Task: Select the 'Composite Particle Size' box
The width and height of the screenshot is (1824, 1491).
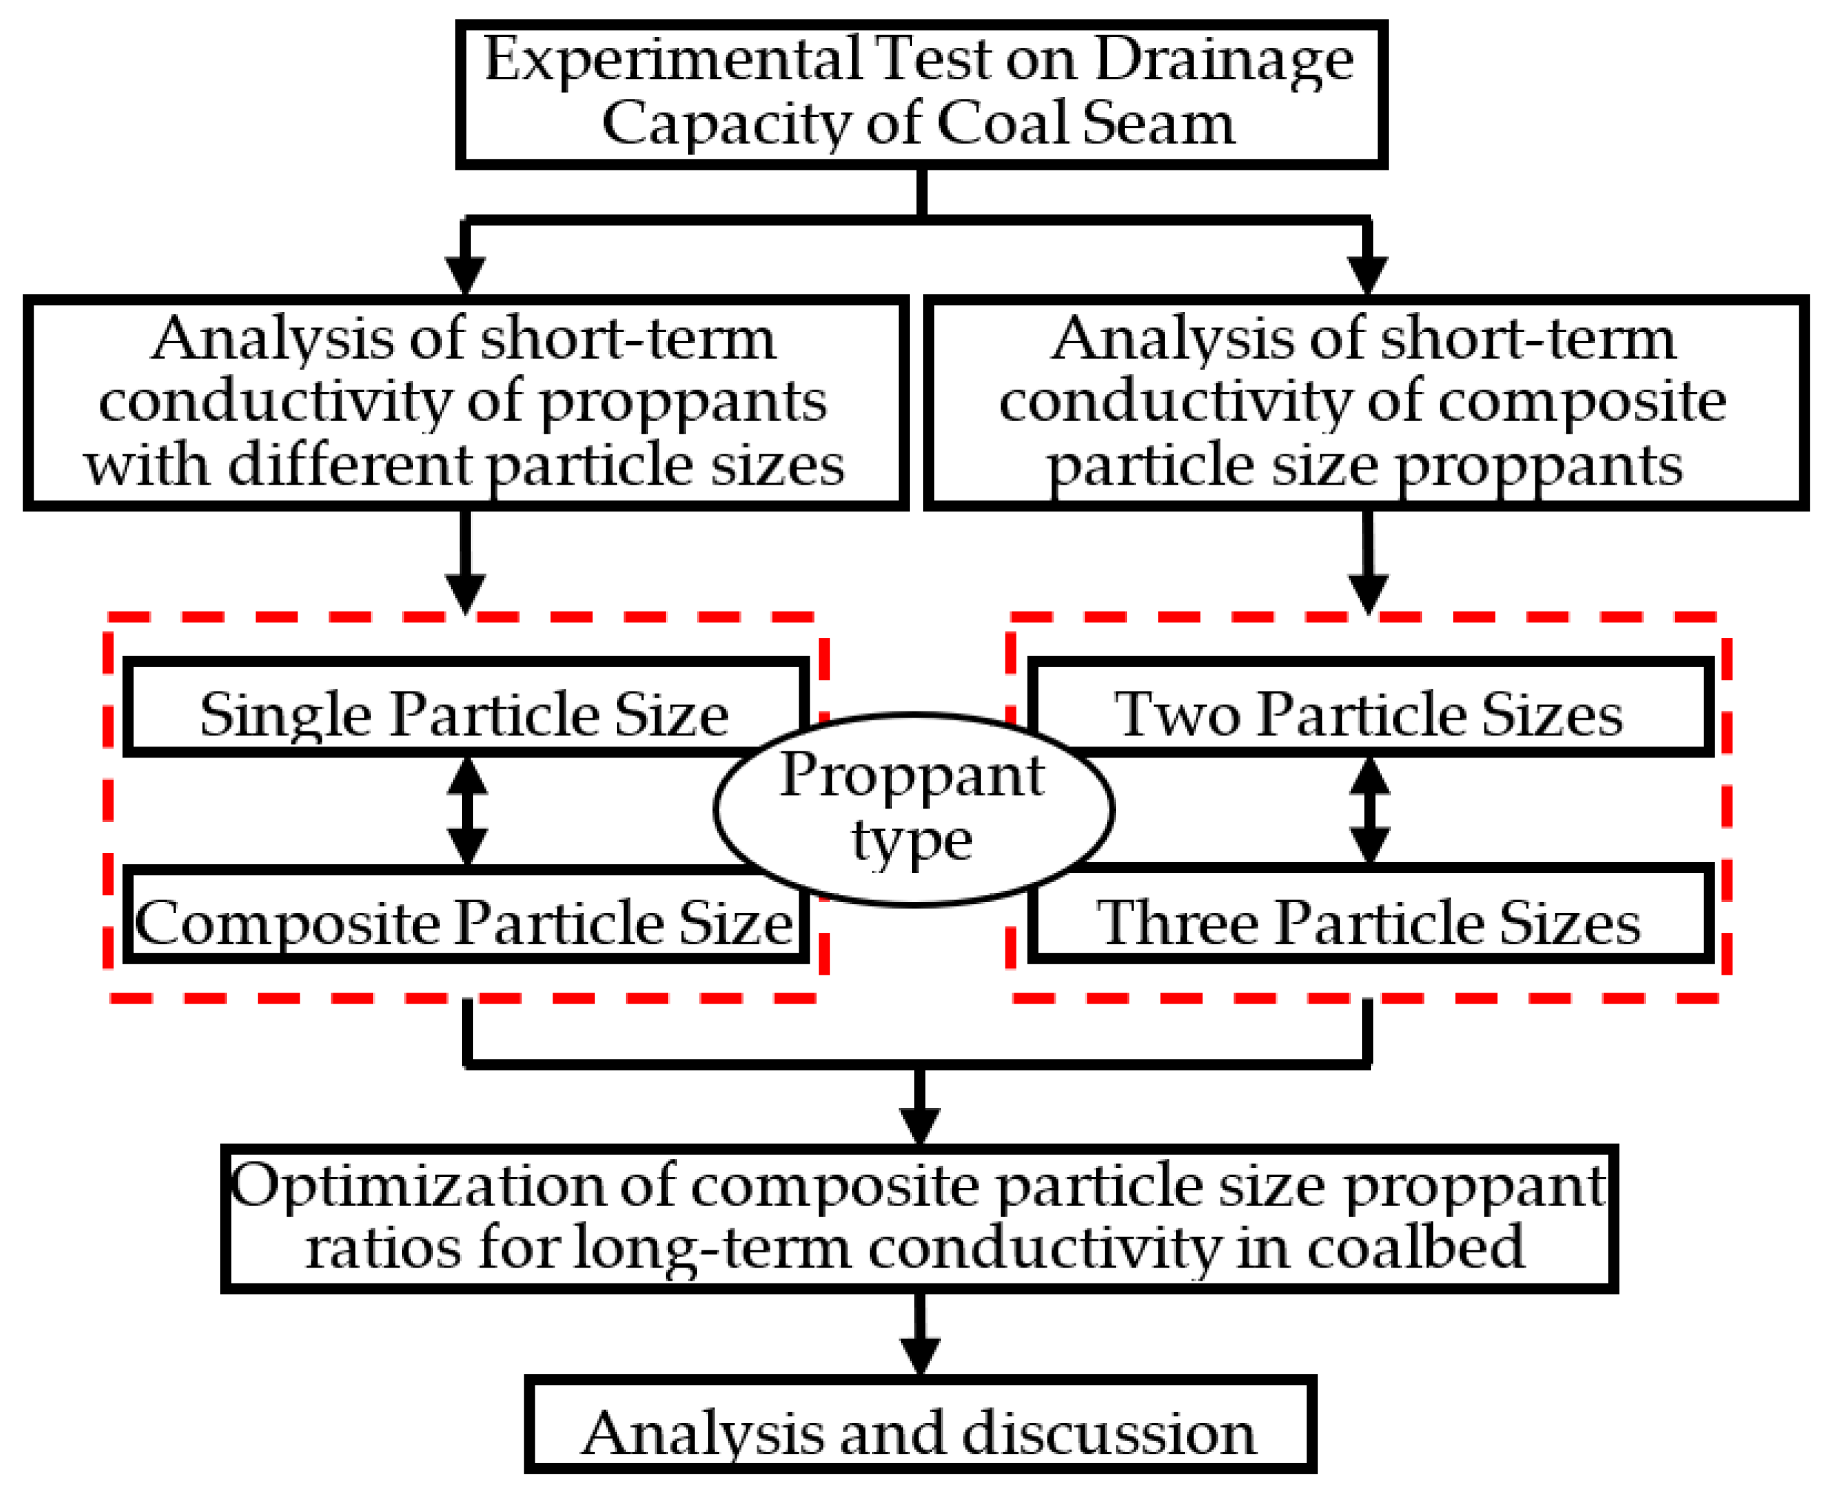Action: click(x=464, y=923)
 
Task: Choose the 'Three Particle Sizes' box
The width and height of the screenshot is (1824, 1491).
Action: click(x=1369, y=923)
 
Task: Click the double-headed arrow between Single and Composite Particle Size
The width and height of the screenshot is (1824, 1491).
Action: click(x=467, y=810)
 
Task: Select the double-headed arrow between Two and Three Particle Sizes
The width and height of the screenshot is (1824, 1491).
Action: click(x=1370, y=810)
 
